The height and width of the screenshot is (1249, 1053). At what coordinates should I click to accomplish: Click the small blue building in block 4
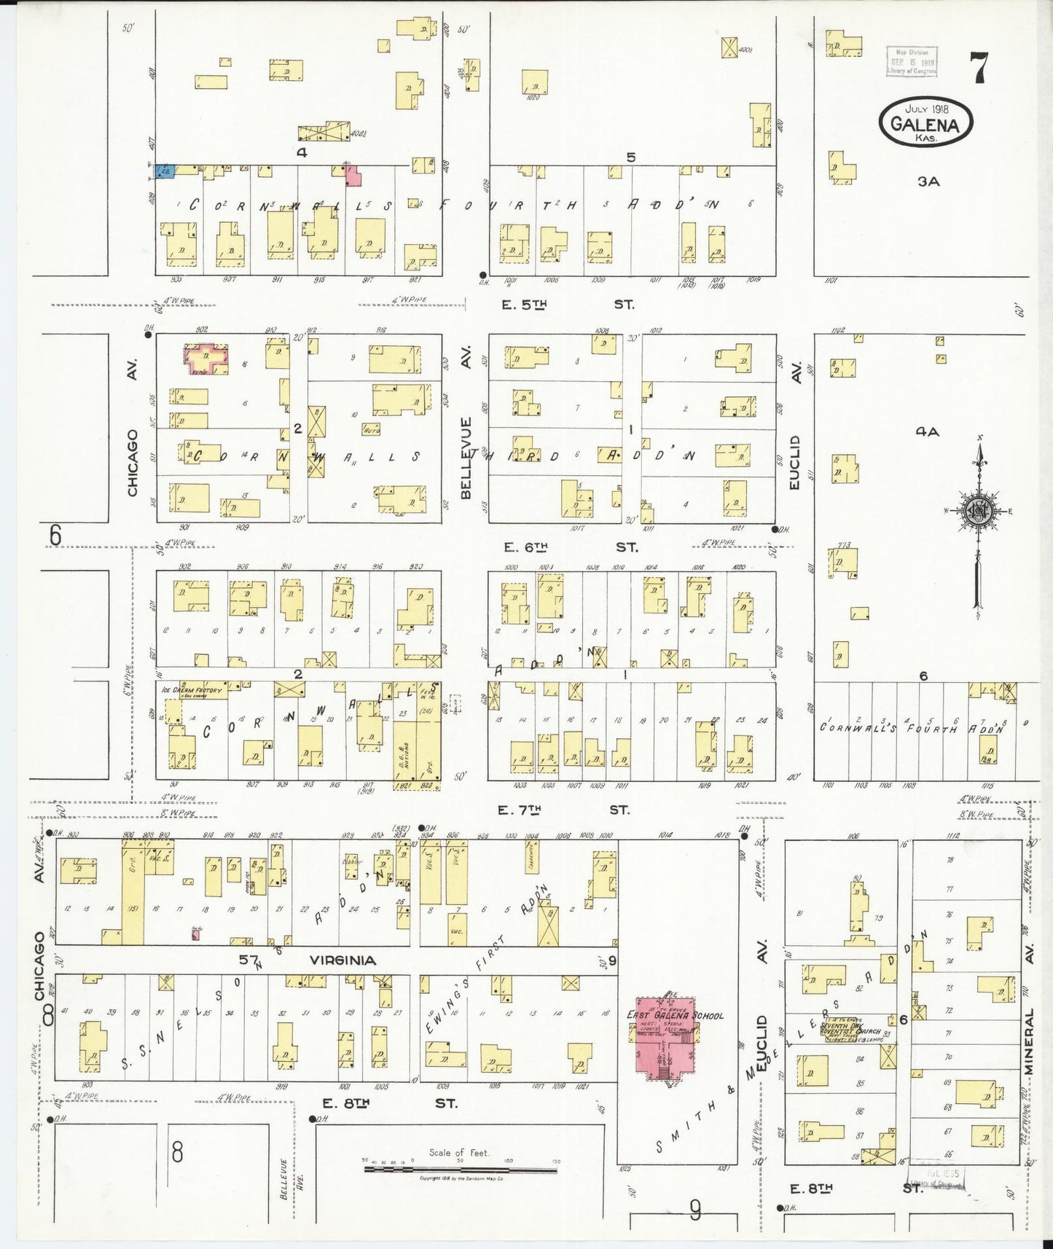pos(164,172)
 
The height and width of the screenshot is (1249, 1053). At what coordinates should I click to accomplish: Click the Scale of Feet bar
pos(461,1170)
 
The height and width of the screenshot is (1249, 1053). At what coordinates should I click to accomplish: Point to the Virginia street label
pos(342,960)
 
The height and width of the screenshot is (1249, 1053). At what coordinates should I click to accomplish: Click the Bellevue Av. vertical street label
pos(466,458)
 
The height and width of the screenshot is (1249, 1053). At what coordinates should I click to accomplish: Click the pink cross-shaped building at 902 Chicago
pos(206,359)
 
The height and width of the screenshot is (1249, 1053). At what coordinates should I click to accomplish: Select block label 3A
pos(928,181)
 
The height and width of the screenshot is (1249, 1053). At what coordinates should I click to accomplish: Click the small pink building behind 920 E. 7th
pos(195,933)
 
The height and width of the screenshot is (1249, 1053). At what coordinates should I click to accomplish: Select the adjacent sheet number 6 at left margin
pos(55,536)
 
